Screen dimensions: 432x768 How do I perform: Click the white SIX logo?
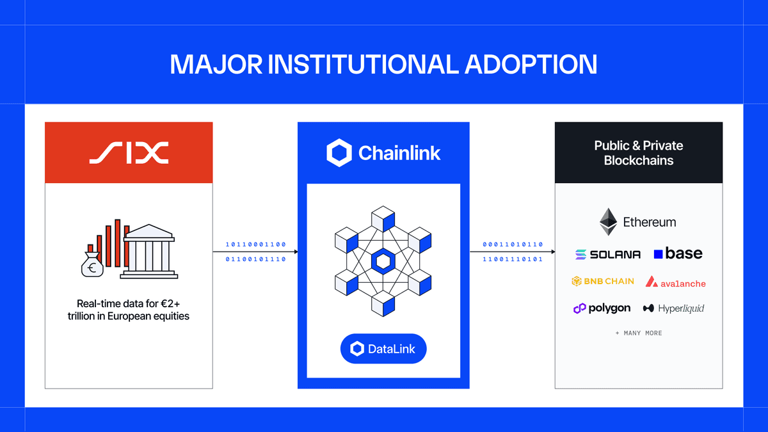(129, 152)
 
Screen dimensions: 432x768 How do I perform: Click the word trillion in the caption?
(84, 316)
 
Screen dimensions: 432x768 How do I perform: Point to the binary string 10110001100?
(255, 244)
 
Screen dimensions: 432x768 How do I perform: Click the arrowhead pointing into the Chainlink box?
(295, 252)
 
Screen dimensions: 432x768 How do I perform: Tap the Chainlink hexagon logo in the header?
(339, 152)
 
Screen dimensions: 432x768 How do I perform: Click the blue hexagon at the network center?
(383, 261)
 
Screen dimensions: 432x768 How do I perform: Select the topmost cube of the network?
(383, 218)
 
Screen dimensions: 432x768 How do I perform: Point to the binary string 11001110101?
(513, 259)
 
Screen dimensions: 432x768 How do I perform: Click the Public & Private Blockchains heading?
(638, 153)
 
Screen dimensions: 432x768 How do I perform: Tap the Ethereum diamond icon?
(608, 222)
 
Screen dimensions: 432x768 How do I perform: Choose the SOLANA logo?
(607, 254)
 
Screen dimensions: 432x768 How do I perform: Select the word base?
(684, 253)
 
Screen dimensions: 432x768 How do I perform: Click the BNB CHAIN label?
(603, 281)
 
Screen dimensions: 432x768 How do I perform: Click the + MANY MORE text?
(639, 333)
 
